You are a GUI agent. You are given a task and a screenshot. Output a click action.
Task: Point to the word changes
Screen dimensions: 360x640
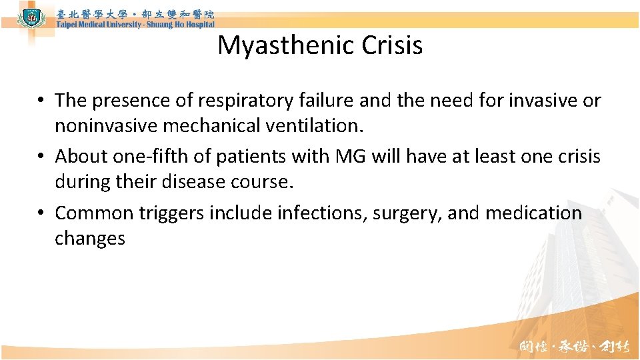click(x=90, y=239)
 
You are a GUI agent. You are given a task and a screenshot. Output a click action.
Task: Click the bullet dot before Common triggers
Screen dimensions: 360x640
click(x=41, y=213)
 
